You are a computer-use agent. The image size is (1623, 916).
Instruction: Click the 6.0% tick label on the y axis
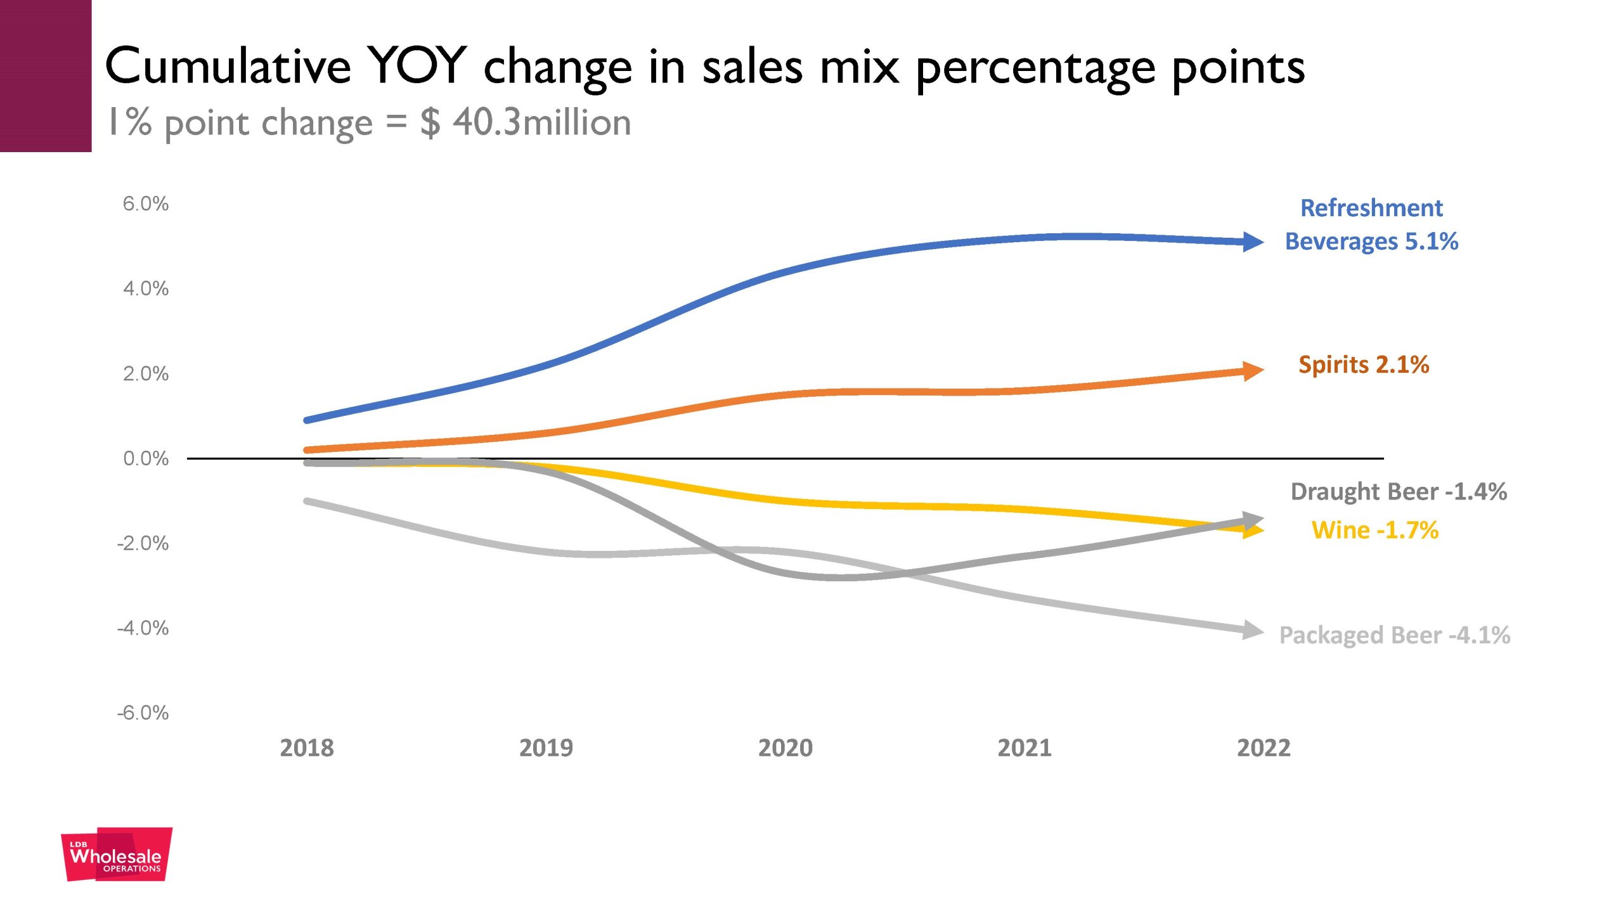[x=146, y=204]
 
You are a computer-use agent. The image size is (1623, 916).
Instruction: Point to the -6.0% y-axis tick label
[x=143, y=713]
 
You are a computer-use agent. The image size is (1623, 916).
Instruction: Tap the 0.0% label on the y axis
[x=146, y=458]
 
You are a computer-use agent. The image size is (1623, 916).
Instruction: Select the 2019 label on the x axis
[x=546, y=748]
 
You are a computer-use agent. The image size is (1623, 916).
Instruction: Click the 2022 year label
[x=1264, y=748]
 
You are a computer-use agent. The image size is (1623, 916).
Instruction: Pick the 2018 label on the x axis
[x=307, y=748]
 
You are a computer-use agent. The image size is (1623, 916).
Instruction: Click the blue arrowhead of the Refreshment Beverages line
[x=1253, y=242]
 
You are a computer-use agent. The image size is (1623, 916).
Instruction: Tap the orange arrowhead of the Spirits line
[x=1253, y=371]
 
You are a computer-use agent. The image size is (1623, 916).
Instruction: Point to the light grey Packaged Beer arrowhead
[x=1253, y=630]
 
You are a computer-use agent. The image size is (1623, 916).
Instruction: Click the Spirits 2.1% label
[x=1364, y=364]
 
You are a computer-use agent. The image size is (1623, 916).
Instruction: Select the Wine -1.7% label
[x=1374, y=530]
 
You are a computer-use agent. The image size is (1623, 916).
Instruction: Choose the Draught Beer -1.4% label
[x=1399, y=492]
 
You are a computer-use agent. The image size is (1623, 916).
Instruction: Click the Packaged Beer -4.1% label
[x=1394, y=635]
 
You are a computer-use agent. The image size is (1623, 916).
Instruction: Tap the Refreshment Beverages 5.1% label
[x=1371, y=225]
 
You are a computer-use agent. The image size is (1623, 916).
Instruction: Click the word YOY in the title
[x=418, y=66]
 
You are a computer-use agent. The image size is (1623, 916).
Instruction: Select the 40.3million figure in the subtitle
[x=541, y=122]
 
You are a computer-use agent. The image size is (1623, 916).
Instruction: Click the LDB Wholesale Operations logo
[x=117, y=855]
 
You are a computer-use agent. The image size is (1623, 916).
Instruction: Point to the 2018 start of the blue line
[x=307, y=420]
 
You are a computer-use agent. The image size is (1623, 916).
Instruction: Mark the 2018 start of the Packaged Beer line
[x=307, y=501]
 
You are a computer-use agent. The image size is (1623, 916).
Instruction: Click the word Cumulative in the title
[x=228, y=66]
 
